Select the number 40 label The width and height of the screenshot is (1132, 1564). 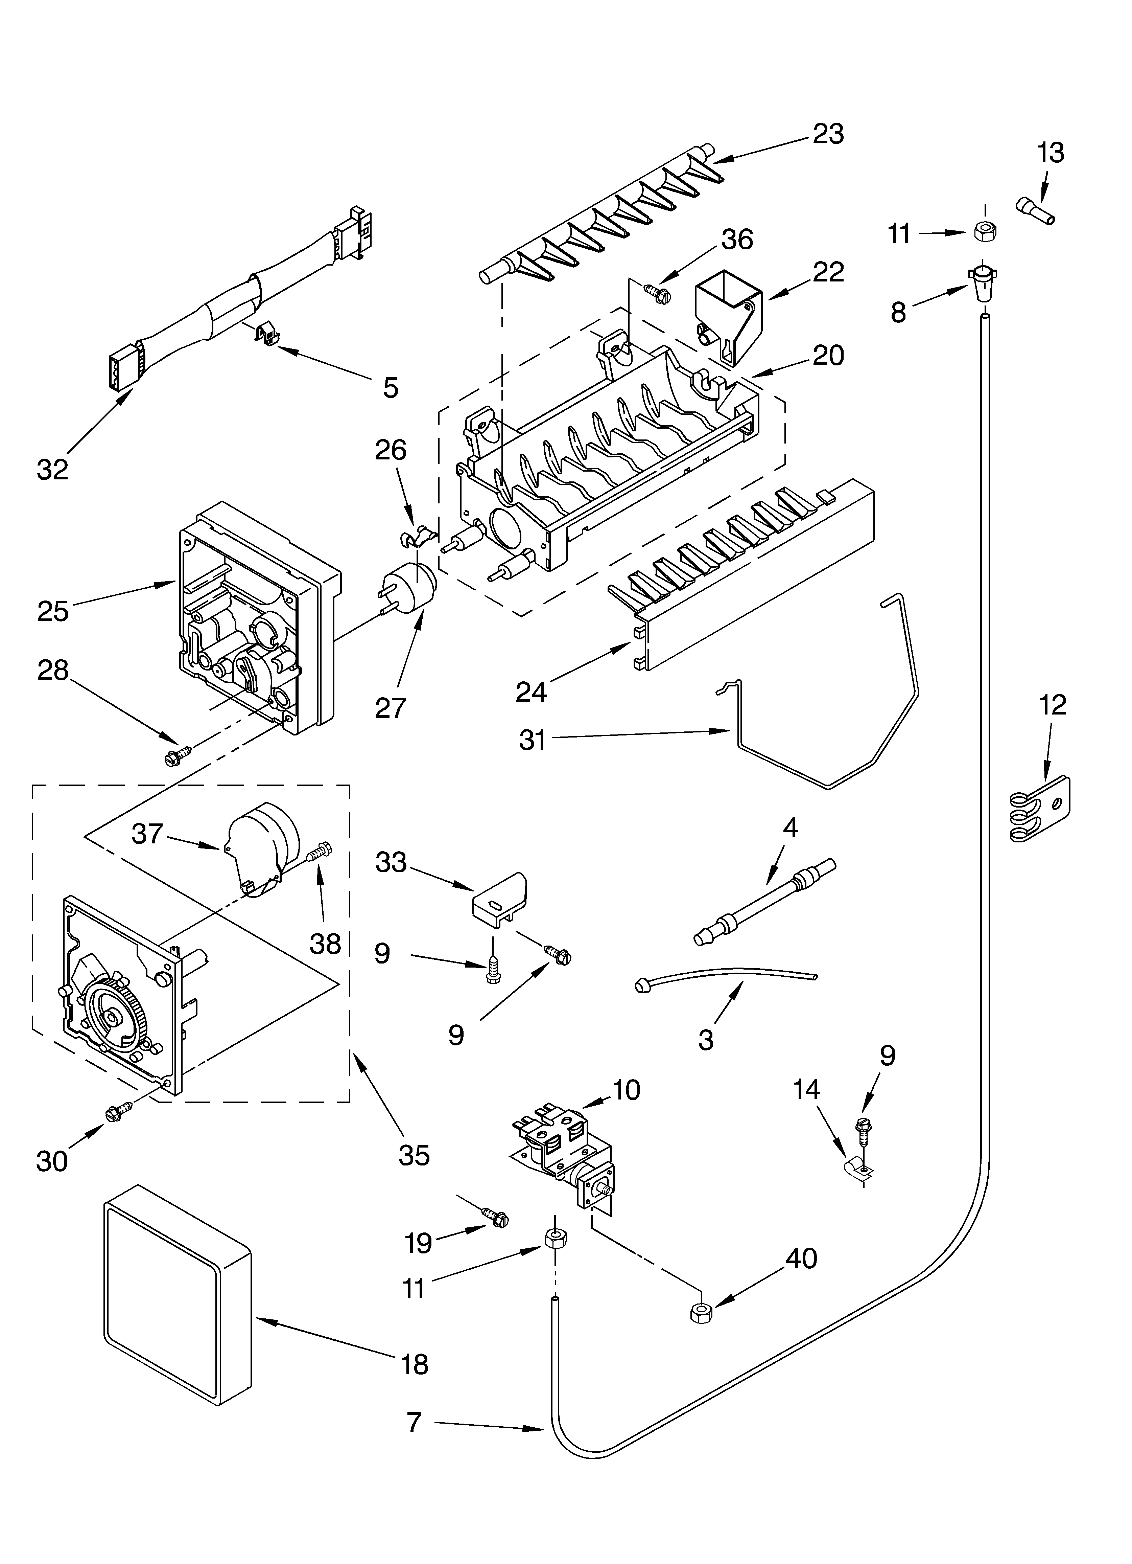801,1259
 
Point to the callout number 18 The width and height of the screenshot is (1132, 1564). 414,1364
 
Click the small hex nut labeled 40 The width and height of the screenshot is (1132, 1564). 701,1312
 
